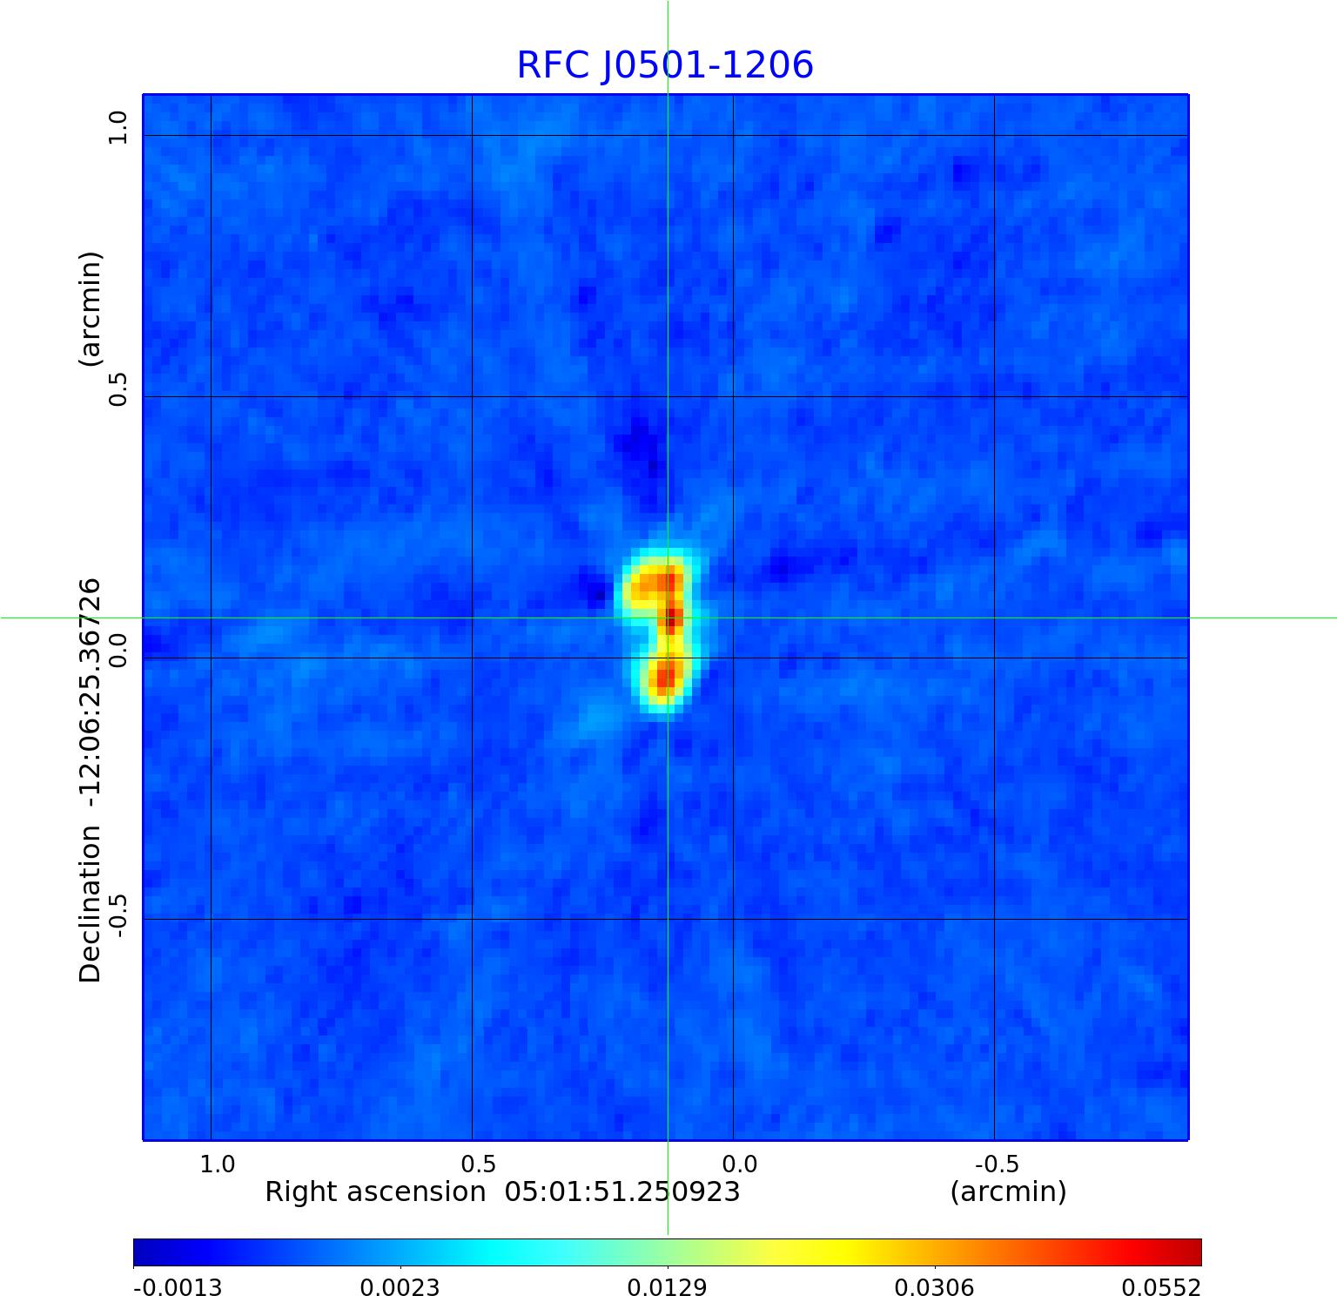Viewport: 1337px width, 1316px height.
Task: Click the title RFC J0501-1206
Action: [665, 65]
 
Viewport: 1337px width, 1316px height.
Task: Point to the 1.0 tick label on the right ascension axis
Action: [217, 1164]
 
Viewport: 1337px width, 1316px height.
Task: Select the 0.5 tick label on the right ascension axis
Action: [478, 1164]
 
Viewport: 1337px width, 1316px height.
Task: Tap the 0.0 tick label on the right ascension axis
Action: [739, 1164]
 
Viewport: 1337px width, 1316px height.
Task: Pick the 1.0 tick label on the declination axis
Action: [118, 128]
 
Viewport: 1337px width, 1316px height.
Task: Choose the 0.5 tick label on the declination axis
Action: [118, 388]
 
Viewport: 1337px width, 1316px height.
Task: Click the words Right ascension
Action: [375, 1191]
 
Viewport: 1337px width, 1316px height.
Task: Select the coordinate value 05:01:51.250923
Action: [622, 1191]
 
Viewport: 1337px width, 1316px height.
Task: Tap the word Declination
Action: [91, 904]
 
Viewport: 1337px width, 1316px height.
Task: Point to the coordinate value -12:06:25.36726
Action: [91, 687]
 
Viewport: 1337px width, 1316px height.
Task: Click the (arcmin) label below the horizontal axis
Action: [1008, 1191]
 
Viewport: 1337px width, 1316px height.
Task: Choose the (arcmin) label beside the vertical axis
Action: [91, 309]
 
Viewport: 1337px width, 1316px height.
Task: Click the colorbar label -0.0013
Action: [178, 1288]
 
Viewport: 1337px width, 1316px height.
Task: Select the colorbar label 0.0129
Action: [668, 1288]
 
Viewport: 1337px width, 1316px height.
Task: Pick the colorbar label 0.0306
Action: [935, 1288]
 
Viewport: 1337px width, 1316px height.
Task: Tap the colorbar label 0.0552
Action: [1161, 1288]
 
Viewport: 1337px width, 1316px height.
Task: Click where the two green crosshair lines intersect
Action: [668, 618]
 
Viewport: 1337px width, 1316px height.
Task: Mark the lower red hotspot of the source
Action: [664, 676]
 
